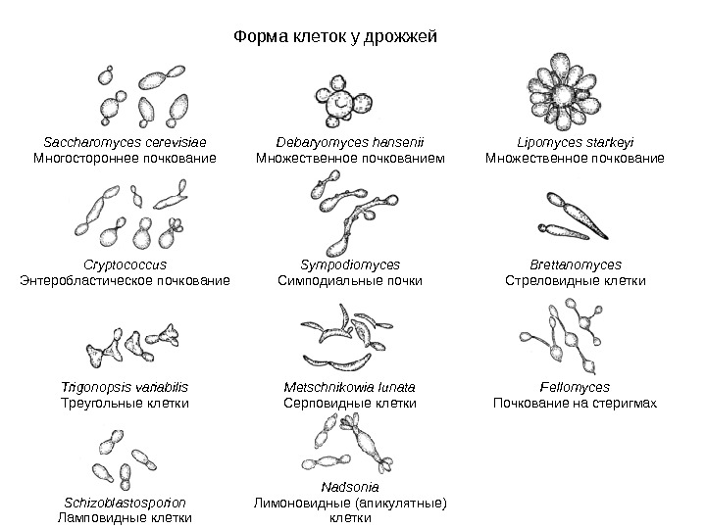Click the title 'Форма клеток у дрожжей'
click(x=334, y=37)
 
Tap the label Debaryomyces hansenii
click(x=349, y=141)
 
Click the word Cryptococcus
click(x=125, y=264)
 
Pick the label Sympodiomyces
click(x=349, y=264)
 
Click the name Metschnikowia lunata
click(x=349, y=387)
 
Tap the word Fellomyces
click(x=575, y=387)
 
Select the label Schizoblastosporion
click(x=125, y=501)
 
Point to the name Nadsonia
click(x=349, y=486)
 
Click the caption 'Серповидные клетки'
click(x=349, y=403)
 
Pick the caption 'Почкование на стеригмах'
click(x=575, y=403)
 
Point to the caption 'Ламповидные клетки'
click(x=125, y=516)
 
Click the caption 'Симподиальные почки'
click(x=349, y=280)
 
